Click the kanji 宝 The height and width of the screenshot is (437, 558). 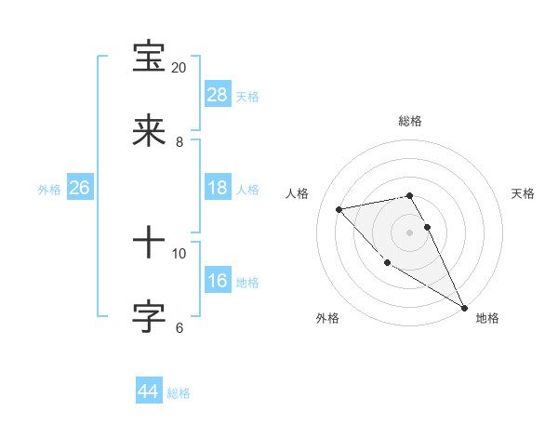tap(150, 58)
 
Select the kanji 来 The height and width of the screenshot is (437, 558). tap(150, 132)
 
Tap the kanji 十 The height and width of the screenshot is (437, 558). tap(150, 244)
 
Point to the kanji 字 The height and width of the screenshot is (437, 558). tap(150, 318)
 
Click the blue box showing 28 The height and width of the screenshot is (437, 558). tap(218, 95)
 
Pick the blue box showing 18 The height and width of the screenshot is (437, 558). tap(218, 188)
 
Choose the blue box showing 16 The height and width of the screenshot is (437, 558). tap(218, 281)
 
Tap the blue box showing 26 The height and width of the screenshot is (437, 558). tap(79, 188)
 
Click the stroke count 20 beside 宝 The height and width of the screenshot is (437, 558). tap(179, 68)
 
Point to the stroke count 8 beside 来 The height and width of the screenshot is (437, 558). tap(179, 142)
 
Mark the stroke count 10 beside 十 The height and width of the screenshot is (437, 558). tap(179, 254)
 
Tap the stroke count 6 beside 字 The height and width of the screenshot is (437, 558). tap(179, 328)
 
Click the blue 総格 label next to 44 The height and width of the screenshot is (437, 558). tap(179, 393)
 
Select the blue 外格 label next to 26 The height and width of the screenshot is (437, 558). tap(49, 190)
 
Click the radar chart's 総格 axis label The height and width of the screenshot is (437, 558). tap(410, 121)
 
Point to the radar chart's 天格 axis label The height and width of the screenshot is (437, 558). tap(523, 193)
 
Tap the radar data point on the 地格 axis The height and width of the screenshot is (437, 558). tap(464, 307)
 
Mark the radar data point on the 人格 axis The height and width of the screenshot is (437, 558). tap(339, 209)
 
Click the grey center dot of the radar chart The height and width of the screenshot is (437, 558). tap(410, 232)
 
